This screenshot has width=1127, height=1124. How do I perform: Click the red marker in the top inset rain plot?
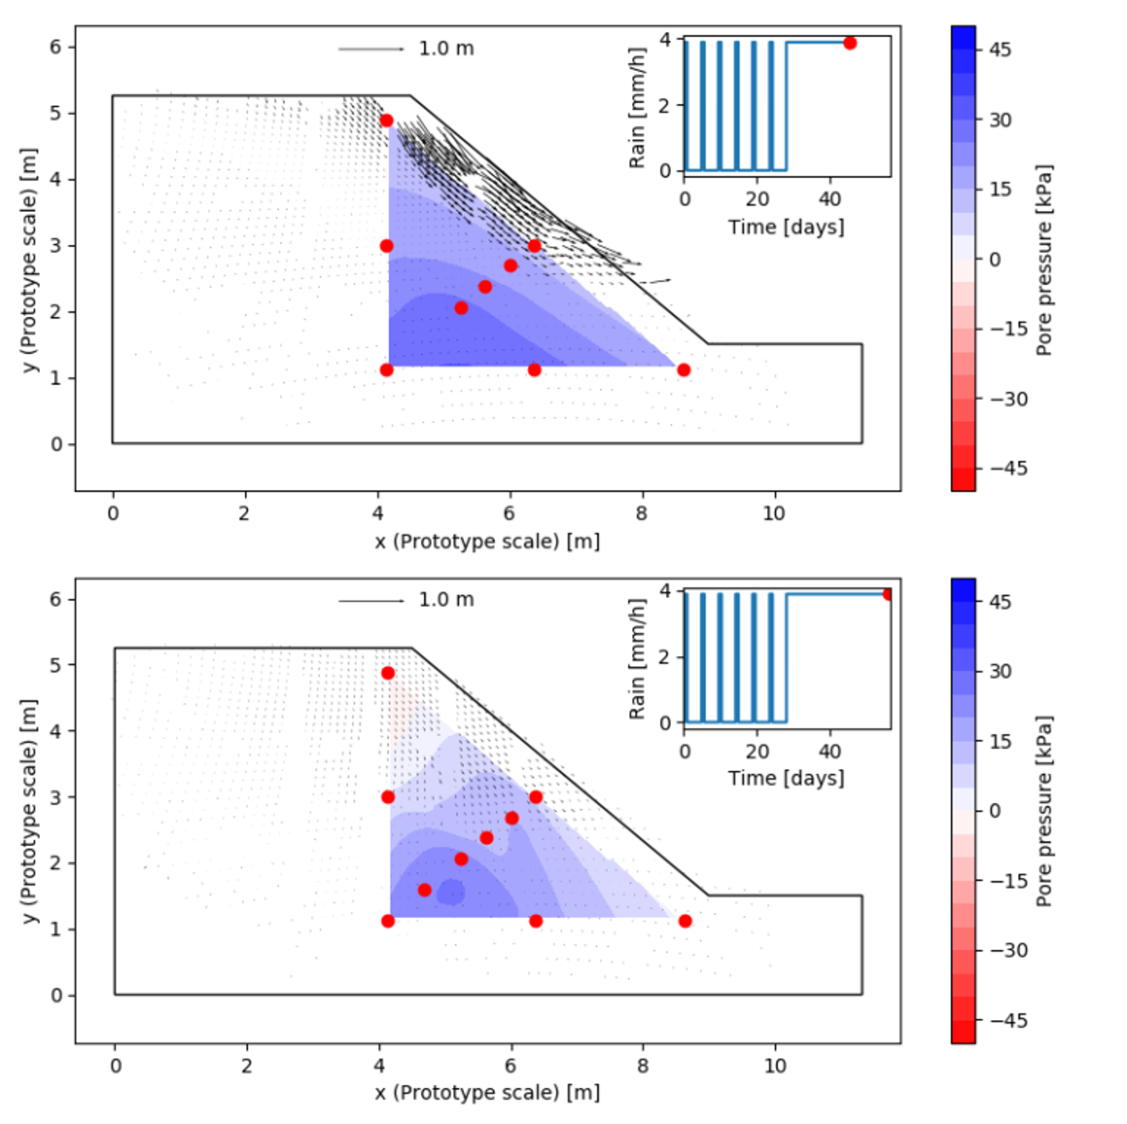pos(850,43)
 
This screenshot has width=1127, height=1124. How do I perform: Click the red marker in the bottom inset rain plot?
pos(888,594)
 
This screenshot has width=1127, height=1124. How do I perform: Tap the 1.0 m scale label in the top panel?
pos(446,49)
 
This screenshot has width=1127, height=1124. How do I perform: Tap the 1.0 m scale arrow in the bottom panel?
pos(371,601)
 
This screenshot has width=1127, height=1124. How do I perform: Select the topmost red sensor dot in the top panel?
pos(387,121)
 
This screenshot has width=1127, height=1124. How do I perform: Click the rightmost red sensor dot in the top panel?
pos(684,369)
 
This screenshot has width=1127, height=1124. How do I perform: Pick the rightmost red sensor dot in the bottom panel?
pos(685,921)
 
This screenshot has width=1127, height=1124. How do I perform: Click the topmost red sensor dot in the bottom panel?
pos(387,673)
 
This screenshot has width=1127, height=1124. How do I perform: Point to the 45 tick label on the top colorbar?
pos(1000,49)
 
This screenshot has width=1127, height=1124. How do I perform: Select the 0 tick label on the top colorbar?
pos(995,259)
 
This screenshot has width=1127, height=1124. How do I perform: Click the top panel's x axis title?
pos(487,542)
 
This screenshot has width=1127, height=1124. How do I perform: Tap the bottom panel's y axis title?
pos(30,811)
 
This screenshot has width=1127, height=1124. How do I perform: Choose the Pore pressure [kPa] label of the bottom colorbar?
pos(1044,811)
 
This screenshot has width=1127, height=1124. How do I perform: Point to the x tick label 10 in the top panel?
pos(773,513)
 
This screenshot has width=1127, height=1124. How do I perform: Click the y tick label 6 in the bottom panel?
pos(55,600)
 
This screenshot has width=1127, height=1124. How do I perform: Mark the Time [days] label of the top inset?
pos(786,227)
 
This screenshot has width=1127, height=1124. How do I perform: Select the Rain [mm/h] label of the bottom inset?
pos(637,659)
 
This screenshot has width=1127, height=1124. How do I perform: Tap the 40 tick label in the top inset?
pos(830,199)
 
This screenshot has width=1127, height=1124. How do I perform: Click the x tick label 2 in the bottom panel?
pos(247,1066)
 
